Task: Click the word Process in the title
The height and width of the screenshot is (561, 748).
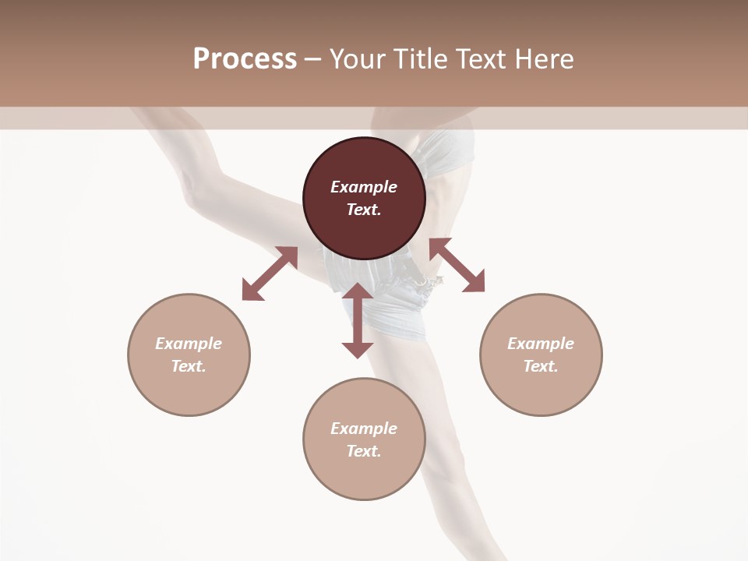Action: (245, 59)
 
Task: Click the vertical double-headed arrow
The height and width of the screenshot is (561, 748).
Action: (358, 320)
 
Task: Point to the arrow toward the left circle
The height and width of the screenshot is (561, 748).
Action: (270, 273)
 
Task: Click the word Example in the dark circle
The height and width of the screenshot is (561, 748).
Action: (364, 187)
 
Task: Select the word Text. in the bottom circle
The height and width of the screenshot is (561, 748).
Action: (364, 451)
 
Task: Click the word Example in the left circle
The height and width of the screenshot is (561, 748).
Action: (189, 344)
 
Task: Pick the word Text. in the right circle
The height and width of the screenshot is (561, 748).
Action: (541, 366)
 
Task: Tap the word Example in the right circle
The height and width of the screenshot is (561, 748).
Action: (541, 344)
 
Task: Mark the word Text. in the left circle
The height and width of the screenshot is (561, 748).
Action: (189, 366)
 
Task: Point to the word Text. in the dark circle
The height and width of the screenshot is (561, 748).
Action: (364, 210)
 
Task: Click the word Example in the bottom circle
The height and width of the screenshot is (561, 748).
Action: (364, 429)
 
